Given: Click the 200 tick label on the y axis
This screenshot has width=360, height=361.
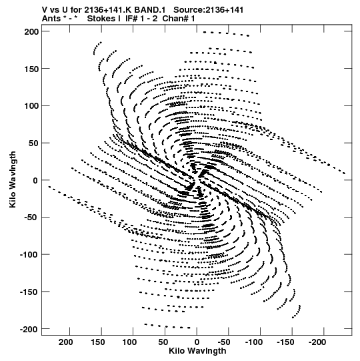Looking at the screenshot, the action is tap(31, 31).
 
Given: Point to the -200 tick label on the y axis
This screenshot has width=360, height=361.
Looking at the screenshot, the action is tap(29, 329).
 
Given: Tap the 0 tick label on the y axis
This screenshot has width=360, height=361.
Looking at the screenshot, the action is tap(35, 180).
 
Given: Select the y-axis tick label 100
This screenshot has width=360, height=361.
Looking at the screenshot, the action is tap(31, 106).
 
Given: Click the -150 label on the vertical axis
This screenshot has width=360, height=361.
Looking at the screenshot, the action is tap(29, 292).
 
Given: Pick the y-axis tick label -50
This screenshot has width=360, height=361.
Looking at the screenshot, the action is tap(31, 218).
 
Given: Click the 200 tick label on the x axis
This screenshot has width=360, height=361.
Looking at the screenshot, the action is tap(66, 342).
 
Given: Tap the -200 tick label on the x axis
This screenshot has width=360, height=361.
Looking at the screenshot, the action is tap(317, 342).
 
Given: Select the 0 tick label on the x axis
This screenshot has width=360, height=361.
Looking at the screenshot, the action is tap(197, 342).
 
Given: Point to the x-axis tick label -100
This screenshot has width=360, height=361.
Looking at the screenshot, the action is tap(254, 342).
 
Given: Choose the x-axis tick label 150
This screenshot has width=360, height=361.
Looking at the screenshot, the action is tap(97, 342).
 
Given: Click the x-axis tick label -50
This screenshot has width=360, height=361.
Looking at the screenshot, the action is tap(223, 342).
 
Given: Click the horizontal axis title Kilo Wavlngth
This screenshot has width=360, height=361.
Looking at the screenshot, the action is tap(197, 351).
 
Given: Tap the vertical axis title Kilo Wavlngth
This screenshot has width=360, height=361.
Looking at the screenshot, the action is tap(13, 179).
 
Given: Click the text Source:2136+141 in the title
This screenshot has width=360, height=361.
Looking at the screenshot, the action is tap(209, 10).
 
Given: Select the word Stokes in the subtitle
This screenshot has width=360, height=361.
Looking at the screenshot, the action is tap(101, 19).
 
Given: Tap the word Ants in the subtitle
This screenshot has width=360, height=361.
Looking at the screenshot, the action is tap(51, 19).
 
